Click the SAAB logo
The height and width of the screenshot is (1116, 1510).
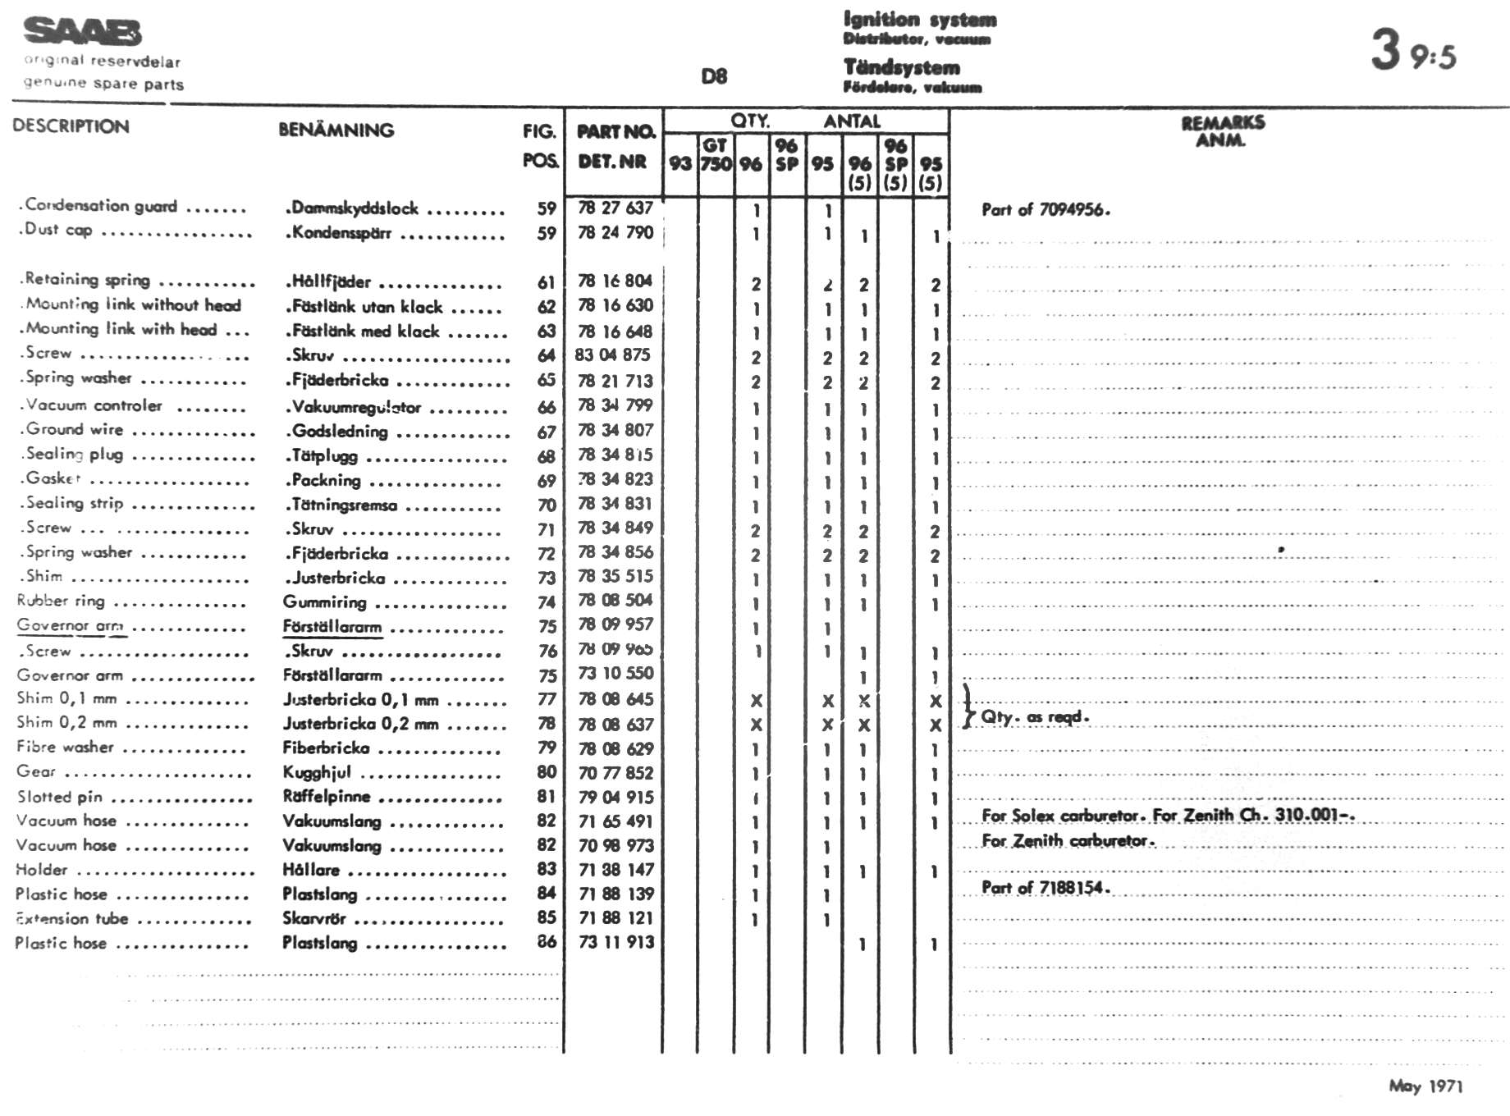82,32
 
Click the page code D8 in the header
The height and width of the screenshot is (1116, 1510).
714,76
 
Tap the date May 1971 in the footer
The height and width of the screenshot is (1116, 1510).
1425,1086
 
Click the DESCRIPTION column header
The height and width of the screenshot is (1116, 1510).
71,126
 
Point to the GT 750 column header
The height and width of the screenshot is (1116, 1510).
715,154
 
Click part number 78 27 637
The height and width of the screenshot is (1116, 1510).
615,208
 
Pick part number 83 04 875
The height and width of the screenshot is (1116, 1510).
613,354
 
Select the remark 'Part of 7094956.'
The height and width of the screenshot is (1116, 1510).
1046,209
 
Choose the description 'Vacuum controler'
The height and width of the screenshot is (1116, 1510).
93,405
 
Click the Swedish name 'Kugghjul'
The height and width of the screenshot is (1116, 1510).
317,772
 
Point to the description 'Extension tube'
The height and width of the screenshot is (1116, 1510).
72,918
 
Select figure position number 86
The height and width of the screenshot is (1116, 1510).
547,941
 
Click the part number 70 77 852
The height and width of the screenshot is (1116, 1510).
615,772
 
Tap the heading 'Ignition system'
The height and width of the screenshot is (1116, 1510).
919,19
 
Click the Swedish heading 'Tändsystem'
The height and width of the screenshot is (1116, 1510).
901,67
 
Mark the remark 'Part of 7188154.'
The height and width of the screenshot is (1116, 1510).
1046,887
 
